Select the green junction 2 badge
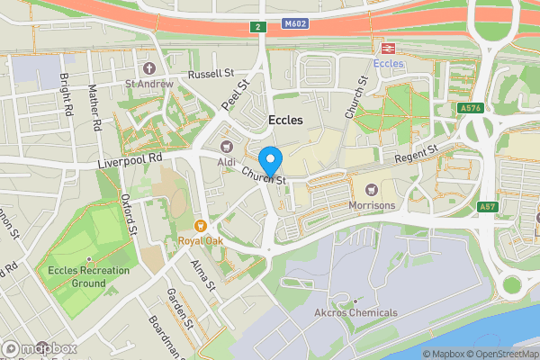tap(257, 28)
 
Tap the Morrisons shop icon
tap(371, 189)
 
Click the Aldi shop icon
tap(226, 147)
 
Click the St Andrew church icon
tap(148, 68)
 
